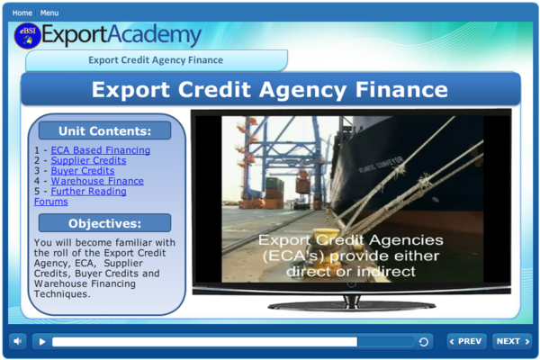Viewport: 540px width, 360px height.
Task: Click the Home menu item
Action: [22, 13]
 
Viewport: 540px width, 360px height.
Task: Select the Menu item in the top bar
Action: [49, 13]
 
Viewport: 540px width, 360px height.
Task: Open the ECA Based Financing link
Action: [100, 150]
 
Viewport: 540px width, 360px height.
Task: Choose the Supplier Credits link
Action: [88, 160]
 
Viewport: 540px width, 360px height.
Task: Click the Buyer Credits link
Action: [82, 171]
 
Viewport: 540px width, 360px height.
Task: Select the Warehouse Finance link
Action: [96, 181]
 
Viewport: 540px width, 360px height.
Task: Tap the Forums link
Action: [50, 202]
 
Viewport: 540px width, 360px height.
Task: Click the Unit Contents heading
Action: [104, 130]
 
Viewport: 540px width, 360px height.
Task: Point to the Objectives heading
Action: [104, 223]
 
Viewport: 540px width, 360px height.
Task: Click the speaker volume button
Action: [18, 341]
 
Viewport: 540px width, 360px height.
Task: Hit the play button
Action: [41, 342]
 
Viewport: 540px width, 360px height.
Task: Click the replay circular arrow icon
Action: [423, 342]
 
